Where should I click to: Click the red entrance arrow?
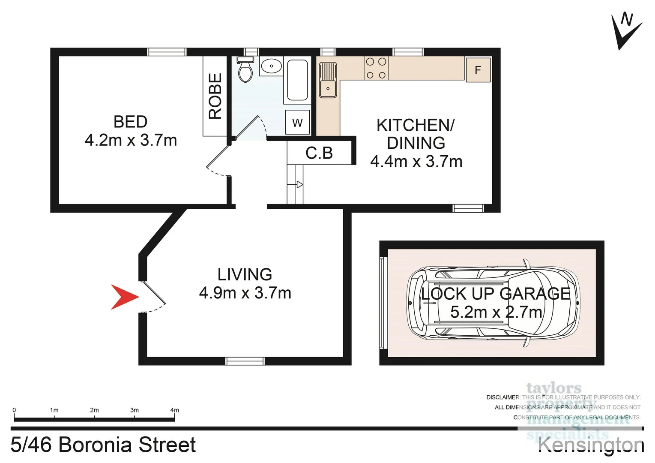[x=123, y=297]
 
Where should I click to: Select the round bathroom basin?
[x=271, y=66]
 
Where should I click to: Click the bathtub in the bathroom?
[x=297, y=80]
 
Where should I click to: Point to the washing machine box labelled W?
[x=297, y=123]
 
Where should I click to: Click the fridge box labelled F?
[x=478, y=70]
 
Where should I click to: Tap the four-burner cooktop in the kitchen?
[x=376, y=69]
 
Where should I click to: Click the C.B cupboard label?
[x=319, y=153]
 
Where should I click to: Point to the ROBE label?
[x=215, y=96]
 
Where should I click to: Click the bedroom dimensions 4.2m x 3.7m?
[x=131, y=141]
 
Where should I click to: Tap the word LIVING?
[x=245, y=274]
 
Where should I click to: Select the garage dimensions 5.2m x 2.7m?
[x=496, y=312]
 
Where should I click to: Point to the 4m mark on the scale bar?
[x=174, y=410]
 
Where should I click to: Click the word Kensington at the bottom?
[x=591, y=445]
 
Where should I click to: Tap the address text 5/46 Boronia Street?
[x=103, y=445]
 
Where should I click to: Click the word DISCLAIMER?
[x=502, y=397]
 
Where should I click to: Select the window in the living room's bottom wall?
[x=245, y=361]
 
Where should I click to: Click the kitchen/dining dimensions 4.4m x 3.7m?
[x=416, y=162]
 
